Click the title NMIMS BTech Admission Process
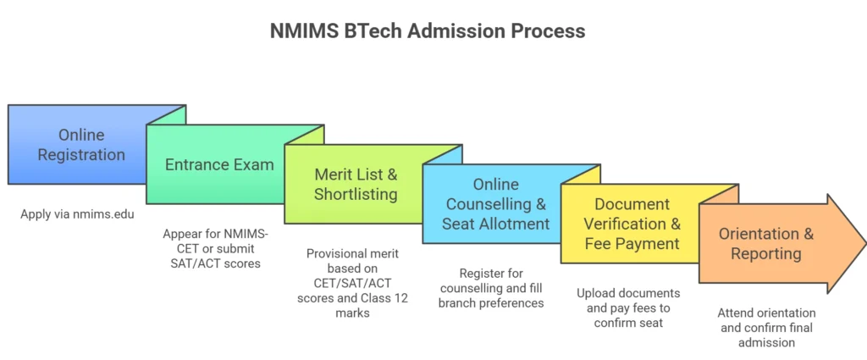pos(428,30)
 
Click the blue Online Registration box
pos(81,145)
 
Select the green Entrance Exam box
pos(219,164)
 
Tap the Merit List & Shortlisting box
pos(356,184)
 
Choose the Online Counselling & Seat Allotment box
pos(494,204)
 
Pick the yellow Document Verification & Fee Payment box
pos(632,224)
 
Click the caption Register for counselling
pos(491,288)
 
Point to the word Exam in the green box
pos(252,164)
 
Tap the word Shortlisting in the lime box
pos(356,194)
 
